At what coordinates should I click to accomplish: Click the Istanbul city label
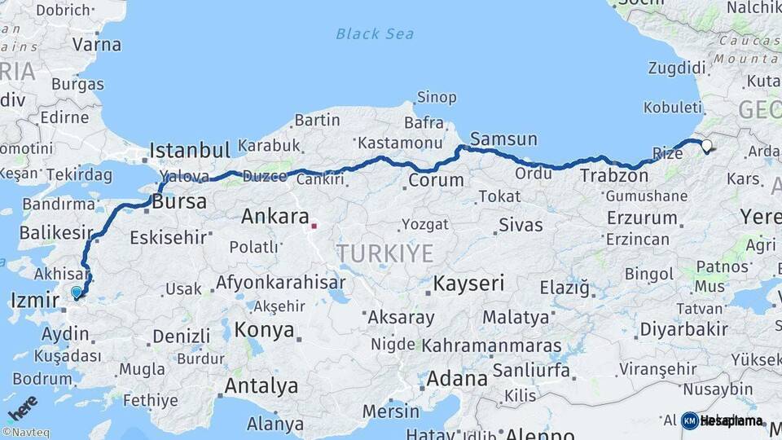191,150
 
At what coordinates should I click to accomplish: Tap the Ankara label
275,217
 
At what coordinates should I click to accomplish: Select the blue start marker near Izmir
77,293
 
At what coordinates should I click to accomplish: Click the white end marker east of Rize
706,146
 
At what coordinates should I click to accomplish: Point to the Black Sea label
375,33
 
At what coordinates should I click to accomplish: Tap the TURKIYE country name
385,253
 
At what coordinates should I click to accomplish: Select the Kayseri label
468,284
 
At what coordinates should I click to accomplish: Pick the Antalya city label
261,385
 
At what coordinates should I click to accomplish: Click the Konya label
264,330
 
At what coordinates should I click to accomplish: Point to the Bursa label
179,203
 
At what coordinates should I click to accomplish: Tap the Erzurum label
642,218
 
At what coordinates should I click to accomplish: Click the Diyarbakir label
683,329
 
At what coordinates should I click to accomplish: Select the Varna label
97,44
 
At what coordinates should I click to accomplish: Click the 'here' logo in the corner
23,407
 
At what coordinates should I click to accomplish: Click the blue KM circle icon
689,420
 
